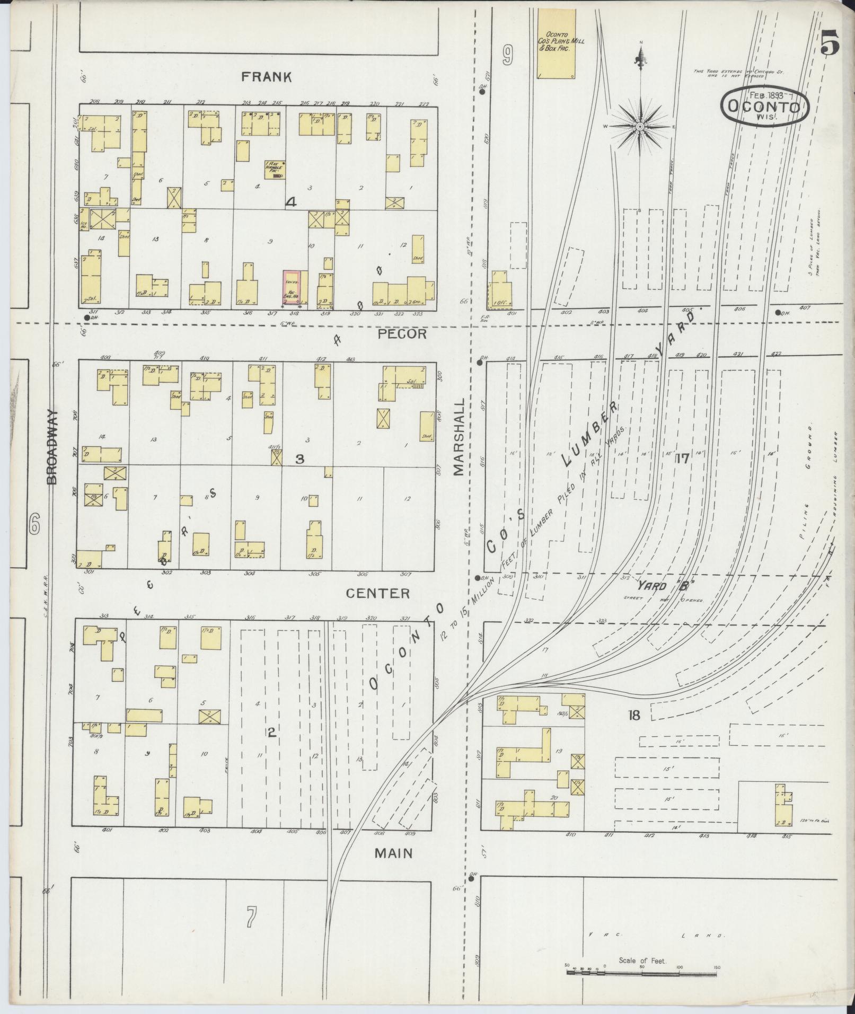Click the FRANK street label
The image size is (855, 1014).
[266, 77]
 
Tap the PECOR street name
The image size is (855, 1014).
[402, 334]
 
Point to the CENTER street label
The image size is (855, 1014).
[378, 593]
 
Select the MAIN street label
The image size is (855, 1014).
[394, 853]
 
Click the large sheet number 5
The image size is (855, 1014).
[830, 42]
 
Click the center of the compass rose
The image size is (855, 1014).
[640, 127]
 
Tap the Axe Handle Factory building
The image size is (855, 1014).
[275, 170]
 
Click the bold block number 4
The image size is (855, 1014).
[290, 201]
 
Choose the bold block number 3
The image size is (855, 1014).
[299, 459]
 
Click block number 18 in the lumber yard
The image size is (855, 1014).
[633, 716]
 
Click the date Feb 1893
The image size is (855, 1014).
[766, 95]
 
